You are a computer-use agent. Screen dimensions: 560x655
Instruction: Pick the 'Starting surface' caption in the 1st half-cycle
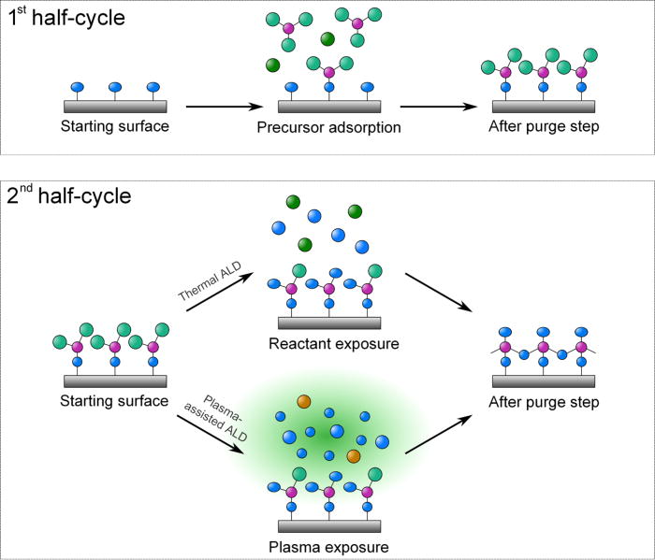click(x=115, y=126)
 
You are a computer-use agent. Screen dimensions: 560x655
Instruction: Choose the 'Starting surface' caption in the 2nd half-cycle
click(x=115, y=402)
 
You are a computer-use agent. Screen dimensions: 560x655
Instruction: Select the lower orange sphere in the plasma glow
click(x=353, y=455)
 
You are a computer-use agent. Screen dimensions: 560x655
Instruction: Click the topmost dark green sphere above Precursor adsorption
click(x=327, y=39)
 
